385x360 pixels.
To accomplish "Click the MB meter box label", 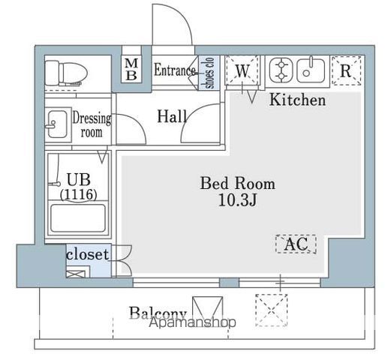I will tap(131, 70).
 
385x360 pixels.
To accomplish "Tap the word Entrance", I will tap(175, 71).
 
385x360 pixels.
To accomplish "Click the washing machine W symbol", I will tap(242, 71).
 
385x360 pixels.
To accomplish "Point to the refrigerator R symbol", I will tap(345, 70).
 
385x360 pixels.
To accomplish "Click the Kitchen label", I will tap(298, 100).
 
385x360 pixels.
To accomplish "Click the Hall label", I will tap(173, 116).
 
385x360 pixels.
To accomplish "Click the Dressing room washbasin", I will tap(56, 122).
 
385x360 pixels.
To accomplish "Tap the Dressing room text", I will tap(91, 125).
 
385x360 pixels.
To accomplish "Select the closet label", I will tap(87, 254).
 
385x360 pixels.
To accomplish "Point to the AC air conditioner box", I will tap(296, 244).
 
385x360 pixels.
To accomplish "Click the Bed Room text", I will tap(236, 183).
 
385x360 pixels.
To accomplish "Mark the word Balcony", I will tap(157, 313).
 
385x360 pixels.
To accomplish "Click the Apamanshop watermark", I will tap(192, 322).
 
